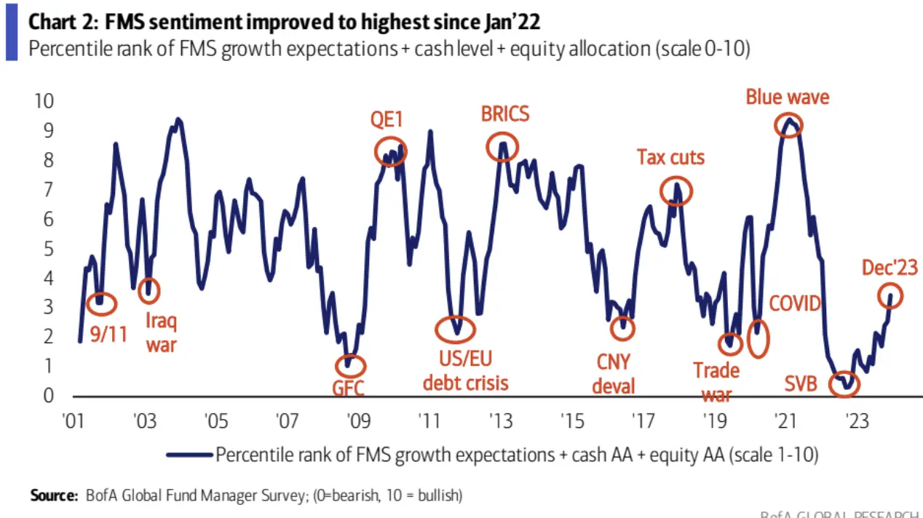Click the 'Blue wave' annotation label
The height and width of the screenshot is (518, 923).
(788, 97)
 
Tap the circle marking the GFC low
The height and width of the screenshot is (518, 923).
(351, 366)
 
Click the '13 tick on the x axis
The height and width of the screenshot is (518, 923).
(500, 422)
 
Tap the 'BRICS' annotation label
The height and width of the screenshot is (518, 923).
(505, 114)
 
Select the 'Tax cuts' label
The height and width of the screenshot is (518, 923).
(670, 157)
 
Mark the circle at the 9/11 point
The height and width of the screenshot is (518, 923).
(100, 303)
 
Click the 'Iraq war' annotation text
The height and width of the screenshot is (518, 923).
(161, 332)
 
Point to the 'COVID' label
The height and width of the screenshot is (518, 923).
(795, 303)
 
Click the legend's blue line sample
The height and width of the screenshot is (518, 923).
(189, 455)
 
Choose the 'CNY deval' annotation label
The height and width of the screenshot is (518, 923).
(613, 373)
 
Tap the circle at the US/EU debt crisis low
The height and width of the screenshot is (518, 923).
(456, 330)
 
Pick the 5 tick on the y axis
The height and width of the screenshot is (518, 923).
(48, 249)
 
